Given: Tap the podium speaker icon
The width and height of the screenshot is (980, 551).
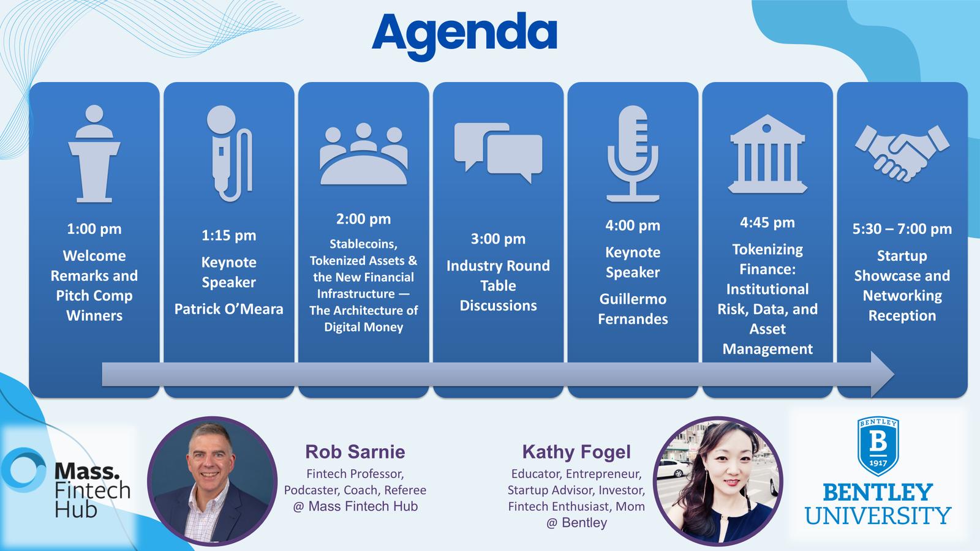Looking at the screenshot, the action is (x=94, y=154).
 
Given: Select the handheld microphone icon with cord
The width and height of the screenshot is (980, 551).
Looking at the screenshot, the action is (x=229, y=154).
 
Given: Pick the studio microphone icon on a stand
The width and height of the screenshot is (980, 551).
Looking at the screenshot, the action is (x=633, y=154).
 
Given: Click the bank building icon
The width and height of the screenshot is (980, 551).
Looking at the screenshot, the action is (x=767, y=154).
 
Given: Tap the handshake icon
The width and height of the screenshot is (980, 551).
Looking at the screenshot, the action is (x=902, y=153).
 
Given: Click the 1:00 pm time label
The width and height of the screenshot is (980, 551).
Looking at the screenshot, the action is (x=94, y=229).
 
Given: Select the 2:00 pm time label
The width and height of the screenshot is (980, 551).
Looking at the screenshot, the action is (x=364, y=219).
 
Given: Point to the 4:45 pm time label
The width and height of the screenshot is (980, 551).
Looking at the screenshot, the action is (x=767, y=223).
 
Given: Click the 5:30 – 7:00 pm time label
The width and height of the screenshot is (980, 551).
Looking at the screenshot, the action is (x=902, y=229).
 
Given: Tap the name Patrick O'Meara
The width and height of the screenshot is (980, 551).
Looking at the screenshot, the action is (x=229, y=309).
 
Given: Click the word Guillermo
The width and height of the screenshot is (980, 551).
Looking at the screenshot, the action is (x=633, y=299).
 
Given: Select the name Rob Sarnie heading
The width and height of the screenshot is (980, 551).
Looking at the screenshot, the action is (x=355, y=452).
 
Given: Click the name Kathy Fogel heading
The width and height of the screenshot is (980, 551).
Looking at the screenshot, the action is (x=576, y=452).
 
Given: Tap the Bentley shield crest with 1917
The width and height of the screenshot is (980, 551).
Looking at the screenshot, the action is (x=878, y=446).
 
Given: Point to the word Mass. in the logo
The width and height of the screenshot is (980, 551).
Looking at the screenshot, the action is (x=86, y=471).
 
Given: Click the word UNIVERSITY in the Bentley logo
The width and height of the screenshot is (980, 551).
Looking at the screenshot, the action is (x=878, y=516).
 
